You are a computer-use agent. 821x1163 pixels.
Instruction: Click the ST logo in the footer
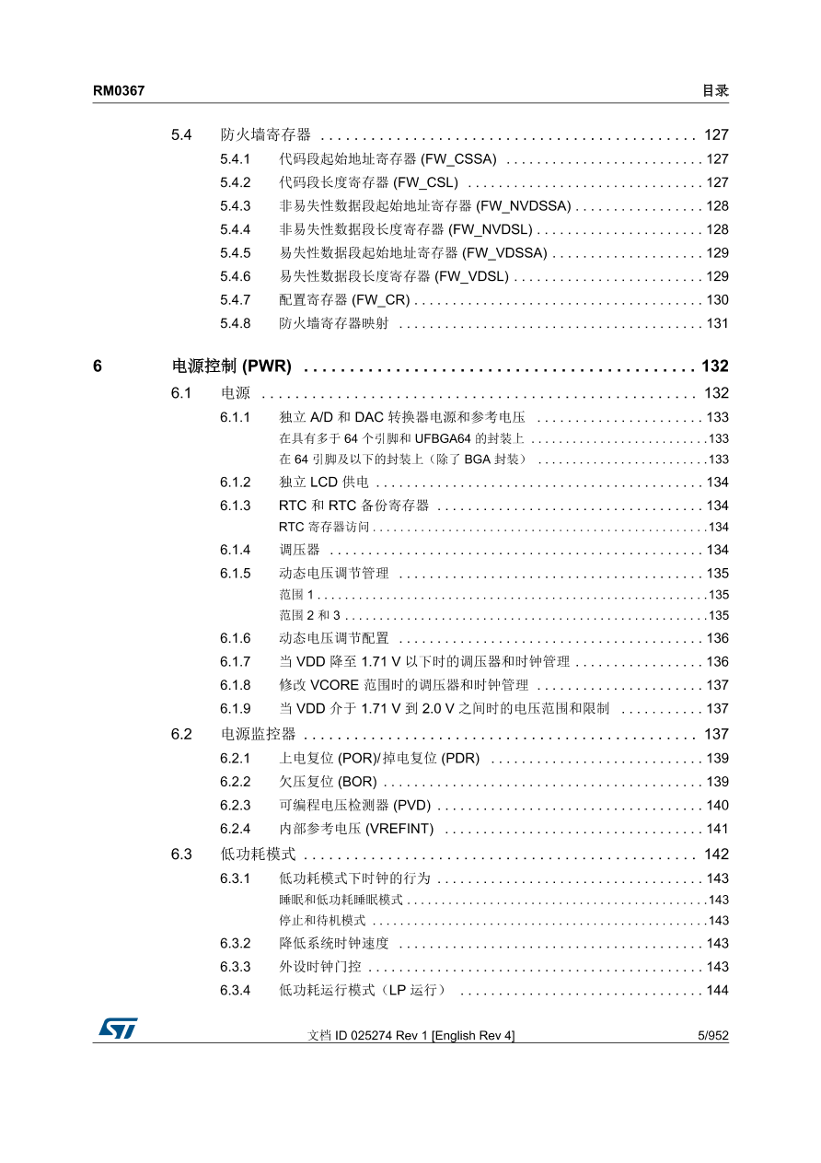[118, 1029]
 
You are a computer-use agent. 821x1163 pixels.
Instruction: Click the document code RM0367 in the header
[119, 91]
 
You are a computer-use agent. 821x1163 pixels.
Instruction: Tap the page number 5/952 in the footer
[712, 1036]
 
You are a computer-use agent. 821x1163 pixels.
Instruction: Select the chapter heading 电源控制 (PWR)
[232, 366]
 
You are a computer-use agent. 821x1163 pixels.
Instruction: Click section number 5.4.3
[236, 206]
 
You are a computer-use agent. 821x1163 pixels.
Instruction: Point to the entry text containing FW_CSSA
[387, 159]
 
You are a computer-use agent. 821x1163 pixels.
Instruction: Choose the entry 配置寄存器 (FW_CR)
[344, 300]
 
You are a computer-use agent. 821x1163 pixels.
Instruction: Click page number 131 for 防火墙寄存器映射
[717, 324]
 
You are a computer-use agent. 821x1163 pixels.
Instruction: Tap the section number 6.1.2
[236, 483]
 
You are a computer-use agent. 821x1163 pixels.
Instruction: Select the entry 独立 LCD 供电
[323, 483]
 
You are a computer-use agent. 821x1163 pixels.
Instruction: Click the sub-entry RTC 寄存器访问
[324, 528]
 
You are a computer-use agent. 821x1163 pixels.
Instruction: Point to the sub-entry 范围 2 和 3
[309, 616]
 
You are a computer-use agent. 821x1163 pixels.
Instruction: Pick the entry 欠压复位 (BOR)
[328, 782]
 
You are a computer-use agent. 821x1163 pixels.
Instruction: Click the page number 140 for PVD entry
[717, 806]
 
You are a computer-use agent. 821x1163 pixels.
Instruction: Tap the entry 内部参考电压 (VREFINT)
[356, 829]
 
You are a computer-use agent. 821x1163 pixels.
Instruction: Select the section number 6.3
[181, 855]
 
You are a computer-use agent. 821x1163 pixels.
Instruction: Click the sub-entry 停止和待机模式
[322, 921]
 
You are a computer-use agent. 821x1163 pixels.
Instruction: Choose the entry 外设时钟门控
[320, 967]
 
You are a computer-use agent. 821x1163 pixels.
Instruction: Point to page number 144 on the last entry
[717, 991]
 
